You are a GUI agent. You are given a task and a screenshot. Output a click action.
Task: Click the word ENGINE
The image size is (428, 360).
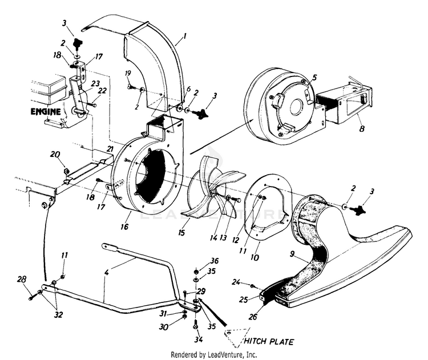(x=45, y=112)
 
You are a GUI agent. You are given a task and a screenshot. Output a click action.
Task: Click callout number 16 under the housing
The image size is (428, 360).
(x=124, y=226)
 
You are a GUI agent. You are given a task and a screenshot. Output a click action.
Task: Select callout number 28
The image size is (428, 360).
(x=22, y=279)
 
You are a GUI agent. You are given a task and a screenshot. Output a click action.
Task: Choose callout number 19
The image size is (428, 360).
(x=128, y=74)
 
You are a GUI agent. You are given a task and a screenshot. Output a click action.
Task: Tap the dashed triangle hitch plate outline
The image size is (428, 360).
(x=237, y=337)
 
